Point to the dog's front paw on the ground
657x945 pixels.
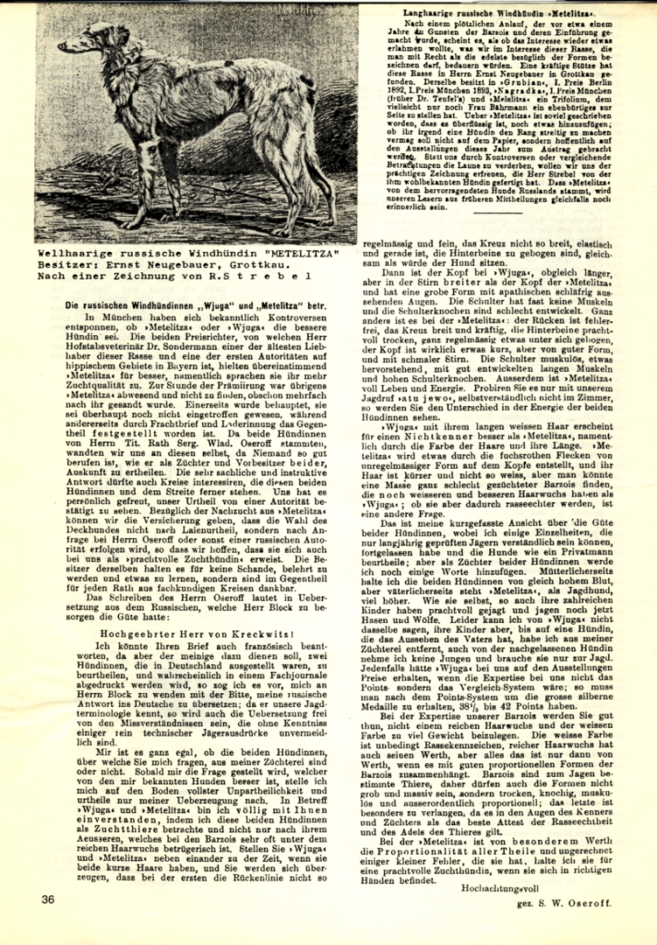[x=132, y=223]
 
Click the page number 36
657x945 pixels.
[x=49, y=896]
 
